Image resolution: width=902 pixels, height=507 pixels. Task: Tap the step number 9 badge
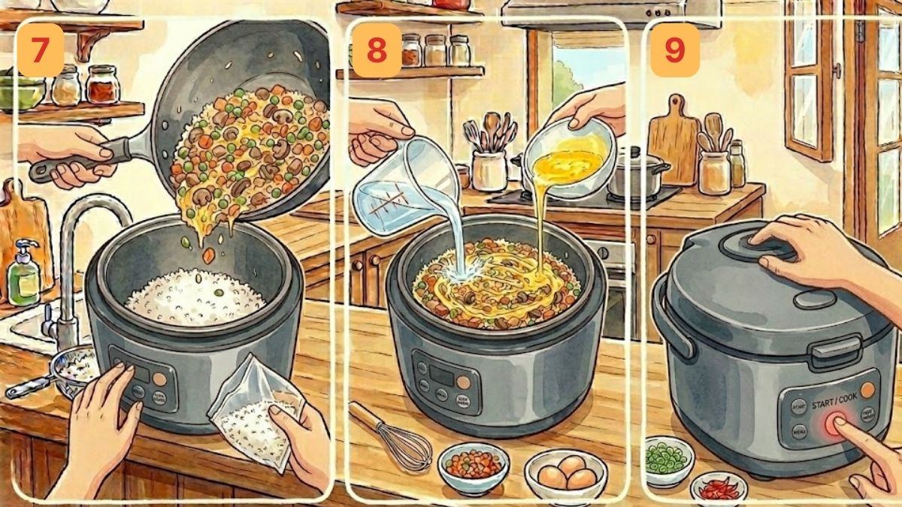coord(675,50)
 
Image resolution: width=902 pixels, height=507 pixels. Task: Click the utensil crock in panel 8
coord(489,169)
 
